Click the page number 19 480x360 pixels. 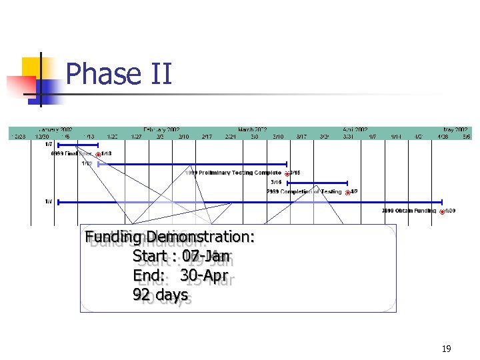click(x=446, y=348)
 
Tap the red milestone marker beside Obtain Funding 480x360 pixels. click(x=442, y=212)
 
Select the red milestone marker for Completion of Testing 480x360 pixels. click(x=347, y=192)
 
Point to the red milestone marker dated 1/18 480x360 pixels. click(x=98, y=154)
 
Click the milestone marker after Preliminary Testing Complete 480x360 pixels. click(x=287, y=173)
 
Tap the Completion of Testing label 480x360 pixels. click(x=304, y=191)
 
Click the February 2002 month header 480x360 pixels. click(x=162, y=129)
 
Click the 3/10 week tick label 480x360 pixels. click(x=278, y=136)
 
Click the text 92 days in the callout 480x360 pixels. click(x=161, y=293)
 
